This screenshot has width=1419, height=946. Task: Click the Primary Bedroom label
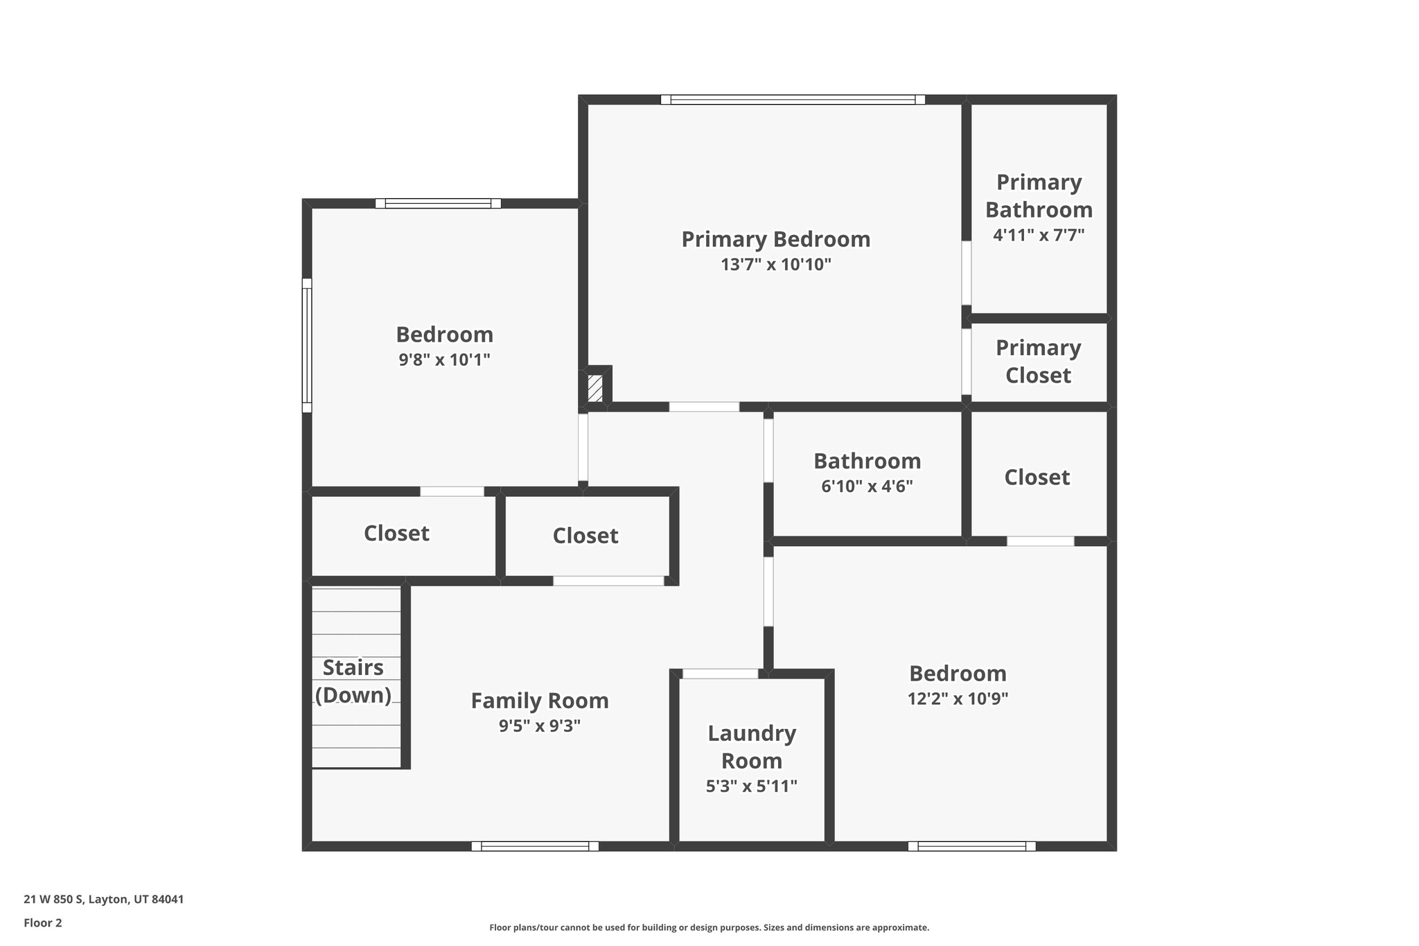point(775,239)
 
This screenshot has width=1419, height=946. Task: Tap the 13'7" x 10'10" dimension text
point(775,265)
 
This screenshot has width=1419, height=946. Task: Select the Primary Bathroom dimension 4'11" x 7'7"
point(1038,235)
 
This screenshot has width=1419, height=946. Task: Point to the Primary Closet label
point(1038,361)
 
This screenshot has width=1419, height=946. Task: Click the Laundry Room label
point(751,746)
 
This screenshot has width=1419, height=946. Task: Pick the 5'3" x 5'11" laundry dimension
point(751,786)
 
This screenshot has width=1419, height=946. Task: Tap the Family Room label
point(539,701)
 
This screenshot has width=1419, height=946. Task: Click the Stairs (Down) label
point(353,681)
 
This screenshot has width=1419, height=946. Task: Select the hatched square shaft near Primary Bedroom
point(594,388)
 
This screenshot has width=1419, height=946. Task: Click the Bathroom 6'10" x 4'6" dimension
point(867,487)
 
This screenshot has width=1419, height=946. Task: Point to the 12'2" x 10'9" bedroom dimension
point(958,699)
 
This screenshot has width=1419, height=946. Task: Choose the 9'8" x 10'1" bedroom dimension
point(444,360)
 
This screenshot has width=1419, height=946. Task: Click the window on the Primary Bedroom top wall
point(793,100)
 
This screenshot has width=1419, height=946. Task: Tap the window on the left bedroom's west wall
point(306,345)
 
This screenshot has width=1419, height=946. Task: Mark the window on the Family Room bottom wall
point(535,846)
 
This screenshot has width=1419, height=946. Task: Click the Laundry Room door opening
point(720,674)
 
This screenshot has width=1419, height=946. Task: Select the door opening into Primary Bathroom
point(966,272)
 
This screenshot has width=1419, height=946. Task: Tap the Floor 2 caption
point(43,923)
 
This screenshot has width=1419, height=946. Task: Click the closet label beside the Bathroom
point(1037,478)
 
